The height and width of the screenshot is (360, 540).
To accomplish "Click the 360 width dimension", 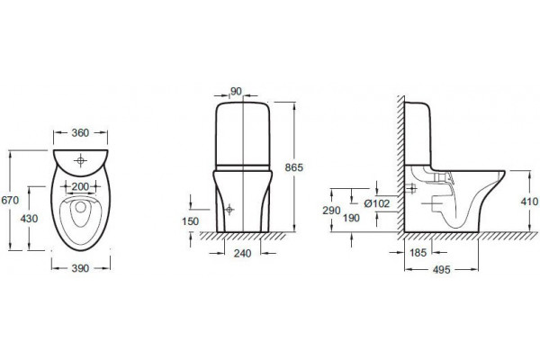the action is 80,132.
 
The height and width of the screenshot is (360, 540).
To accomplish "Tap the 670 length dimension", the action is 10,200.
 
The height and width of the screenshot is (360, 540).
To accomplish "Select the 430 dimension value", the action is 29,219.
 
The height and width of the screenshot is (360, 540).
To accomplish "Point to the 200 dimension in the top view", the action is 80,186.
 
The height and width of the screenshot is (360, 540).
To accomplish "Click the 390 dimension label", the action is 80,268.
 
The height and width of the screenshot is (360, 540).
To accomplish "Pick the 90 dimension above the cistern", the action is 236,92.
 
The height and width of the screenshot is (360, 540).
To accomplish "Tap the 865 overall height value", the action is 294,167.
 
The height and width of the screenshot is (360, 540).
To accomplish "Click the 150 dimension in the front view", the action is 191,221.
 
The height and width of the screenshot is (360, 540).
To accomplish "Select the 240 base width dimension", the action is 242,254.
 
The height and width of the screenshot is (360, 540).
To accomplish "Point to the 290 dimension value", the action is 331,210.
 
